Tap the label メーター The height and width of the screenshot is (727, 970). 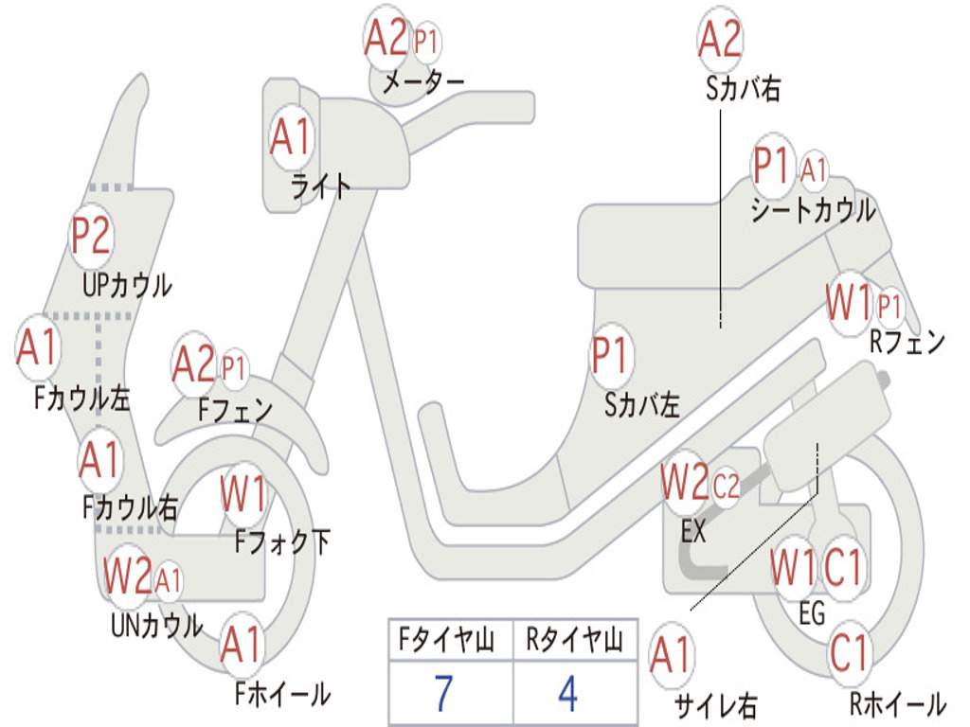[422, 82]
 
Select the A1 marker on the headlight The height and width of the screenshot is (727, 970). [290, 138]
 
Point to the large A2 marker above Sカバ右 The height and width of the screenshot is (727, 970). [720, 41]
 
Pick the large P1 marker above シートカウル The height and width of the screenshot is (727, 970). [772, 168]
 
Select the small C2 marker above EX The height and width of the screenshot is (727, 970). [727, 488]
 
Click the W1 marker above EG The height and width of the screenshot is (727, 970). [793, 569]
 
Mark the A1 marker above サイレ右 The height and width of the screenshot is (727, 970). [672, 655]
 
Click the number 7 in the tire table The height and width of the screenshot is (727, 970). [443, 694]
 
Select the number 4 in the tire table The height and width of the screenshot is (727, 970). [568, 694]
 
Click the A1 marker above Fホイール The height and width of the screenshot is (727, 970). [242, 647]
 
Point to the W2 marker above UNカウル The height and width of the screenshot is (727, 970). [127, 576]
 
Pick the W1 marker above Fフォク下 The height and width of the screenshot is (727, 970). [243, 493]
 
